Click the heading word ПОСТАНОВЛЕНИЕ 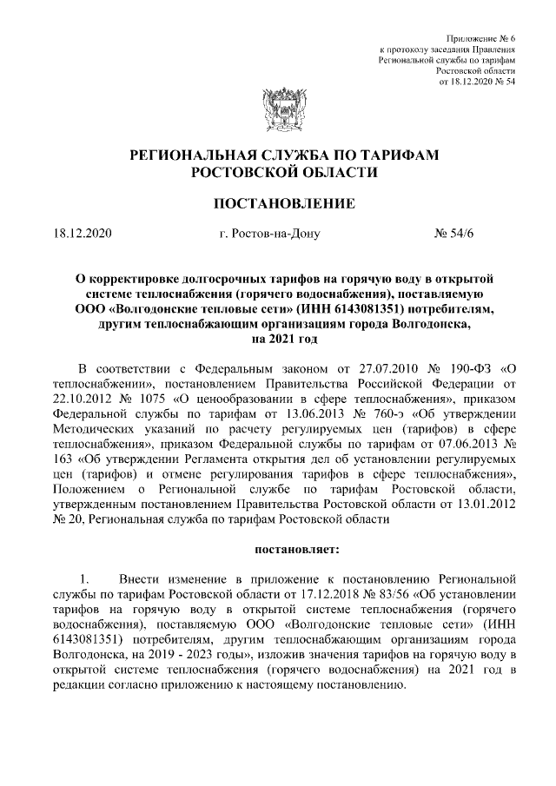[278, 204]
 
